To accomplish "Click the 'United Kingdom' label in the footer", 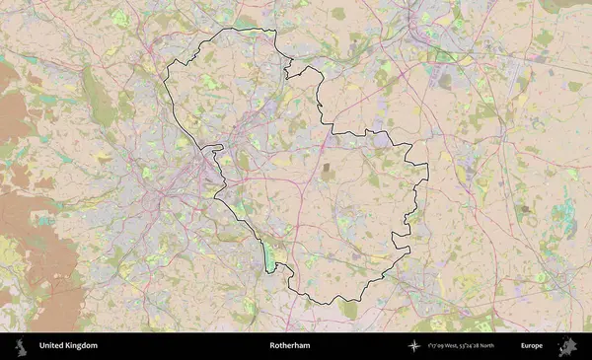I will point(68,346).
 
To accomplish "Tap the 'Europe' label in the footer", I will point(532,346).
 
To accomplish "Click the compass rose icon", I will point(414,346).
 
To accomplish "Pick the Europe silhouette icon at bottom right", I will point(567,346).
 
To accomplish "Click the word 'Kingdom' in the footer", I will point(82,346).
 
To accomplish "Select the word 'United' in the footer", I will point(51,346).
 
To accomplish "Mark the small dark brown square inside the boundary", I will point(328,172).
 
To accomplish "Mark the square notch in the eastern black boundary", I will point(399,237).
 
